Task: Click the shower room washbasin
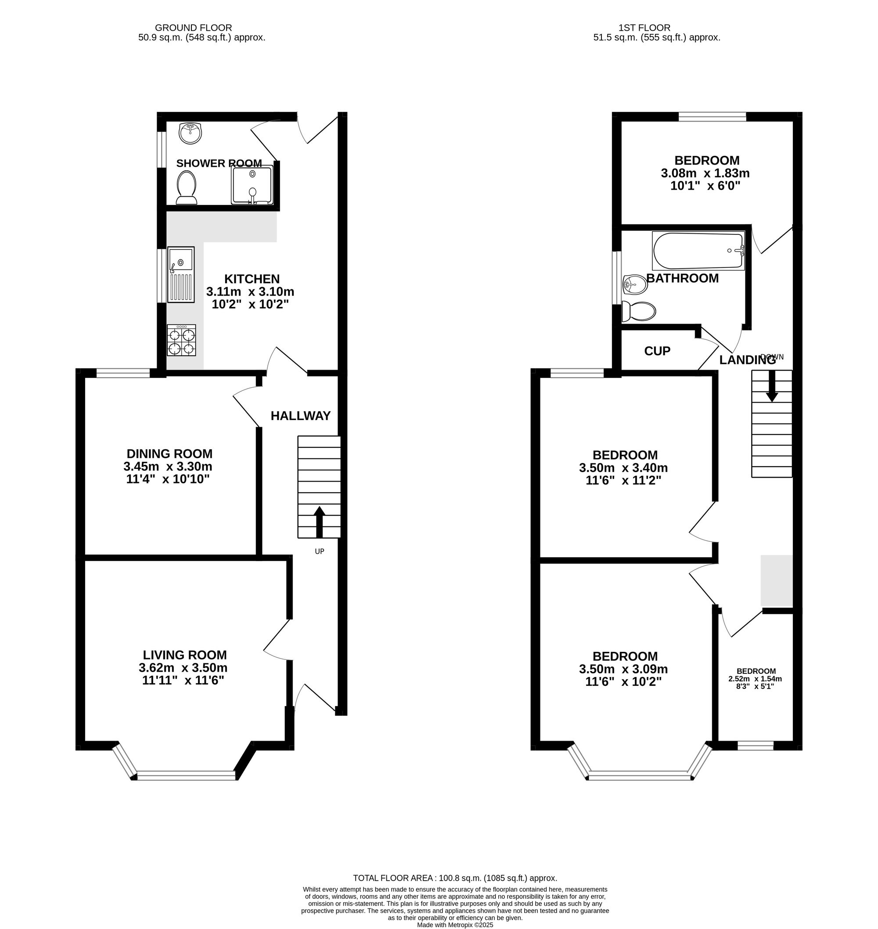[191, 133]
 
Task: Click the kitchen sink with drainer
[181, 275]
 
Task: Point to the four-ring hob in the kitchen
[182, 341]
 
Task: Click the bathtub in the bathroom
[698, 251]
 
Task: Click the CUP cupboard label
[657, 351]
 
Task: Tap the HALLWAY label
[300, 416]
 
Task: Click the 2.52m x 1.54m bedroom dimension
[755, 679]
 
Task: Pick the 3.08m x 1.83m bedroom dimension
[705, 173]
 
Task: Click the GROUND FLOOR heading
[193, 28]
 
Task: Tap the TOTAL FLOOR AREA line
[455, 878]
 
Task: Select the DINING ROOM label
[169, 454]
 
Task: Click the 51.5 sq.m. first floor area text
[657, 38]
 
